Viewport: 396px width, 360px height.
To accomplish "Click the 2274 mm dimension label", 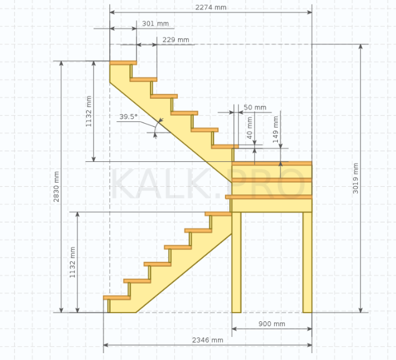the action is click(x=210, y=7).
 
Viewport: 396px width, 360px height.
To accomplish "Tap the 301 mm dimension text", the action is click(x=156, y=24).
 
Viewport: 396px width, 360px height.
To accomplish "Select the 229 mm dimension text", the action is click(x=176, y=39).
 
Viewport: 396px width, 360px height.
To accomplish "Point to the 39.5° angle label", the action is click(x=128, y=117).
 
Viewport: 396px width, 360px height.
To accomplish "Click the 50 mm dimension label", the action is click(x=255, y=107).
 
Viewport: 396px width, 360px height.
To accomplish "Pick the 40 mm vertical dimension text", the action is click(x=249, y=128).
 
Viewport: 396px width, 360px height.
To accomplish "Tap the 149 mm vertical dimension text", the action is click(x=276, y=129).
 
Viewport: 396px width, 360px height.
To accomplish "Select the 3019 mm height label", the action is click(x=355, y=178).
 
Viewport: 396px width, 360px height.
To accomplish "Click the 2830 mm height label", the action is click(x=56, y=187).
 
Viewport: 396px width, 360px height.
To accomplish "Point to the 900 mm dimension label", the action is click(x=272, y=324).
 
